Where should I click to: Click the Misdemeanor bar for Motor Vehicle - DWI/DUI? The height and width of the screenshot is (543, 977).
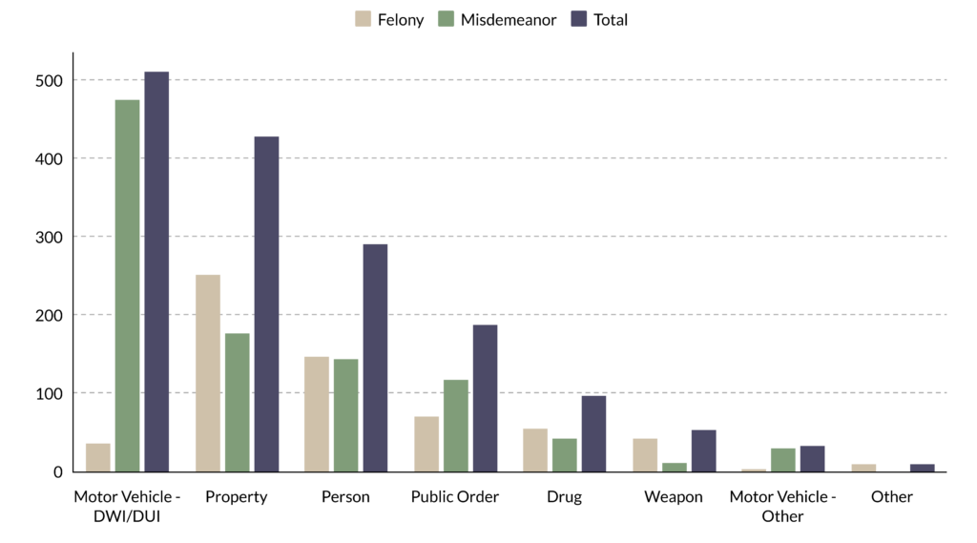(x=127, y=285)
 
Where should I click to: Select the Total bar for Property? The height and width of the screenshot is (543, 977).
(x=267, y=304)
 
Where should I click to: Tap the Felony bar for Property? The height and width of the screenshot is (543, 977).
(x=207, y=373)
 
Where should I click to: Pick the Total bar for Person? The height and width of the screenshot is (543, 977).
(x=375, y=358)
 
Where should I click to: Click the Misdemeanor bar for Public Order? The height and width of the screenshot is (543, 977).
(x=455, y=426)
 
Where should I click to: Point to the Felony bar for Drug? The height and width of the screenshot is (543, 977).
(x=535, y=450)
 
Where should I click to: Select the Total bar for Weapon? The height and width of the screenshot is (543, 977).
(x=703, y=450)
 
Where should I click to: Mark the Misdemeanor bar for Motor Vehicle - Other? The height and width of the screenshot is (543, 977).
(x=783, y=460)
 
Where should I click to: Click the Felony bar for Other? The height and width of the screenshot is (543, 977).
(x=863, y=469)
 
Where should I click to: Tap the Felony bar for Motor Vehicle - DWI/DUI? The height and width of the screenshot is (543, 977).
(x=98, y=458)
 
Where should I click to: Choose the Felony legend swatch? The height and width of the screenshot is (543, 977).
(x=363, y=19)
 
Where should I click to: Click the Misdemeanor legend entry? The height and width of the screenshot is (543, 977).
(x=497, y=19)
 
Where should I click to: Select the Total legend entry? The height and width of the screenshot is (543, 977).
(x=599, y=19)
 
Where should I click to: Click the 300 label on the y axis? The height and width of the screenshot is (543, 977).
(x=50, y=237)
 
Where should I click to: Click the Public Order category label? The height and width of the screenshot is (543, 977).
(x=455, y=497)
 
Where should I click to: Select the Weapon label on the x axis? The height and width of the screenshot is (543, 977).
(x=674, y=497)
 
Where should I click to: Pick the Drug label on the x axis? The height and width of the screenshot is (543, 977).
(x=565, y=497)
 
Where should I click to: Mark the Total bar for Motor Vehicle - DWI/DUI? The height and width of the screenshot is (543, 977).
(x=156, y=272)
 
